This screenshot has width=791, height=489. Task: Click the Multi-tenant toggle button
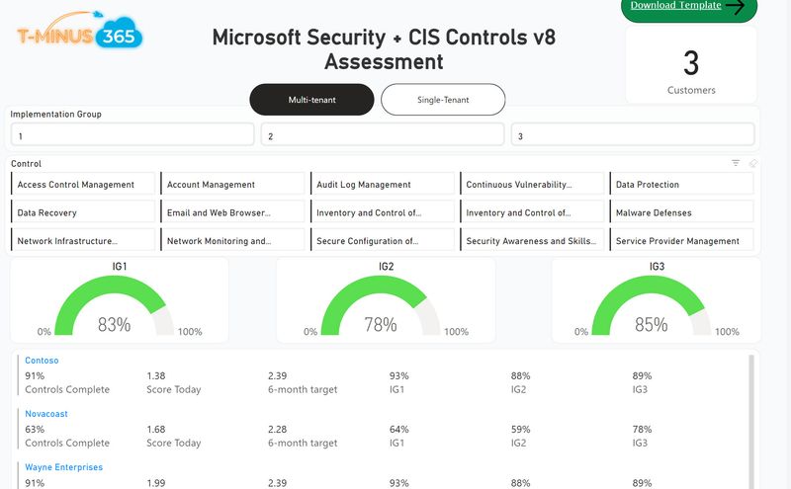click(x=311, y=100)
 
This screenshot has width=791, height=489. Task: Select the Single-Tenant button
click(x=443, y=100)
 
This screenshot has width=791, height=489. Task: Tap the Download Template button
click(x=688, y=7)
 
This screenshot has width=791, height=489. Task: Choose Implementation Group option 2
click(x=383, y=136)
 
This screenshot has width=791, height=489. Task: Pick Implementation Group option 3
click(x=633, y=136)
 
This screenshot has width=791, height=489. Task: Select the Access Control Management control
click(x=86, y=185)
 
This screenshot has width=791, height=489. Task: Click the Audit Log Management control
click(x=383, y=185)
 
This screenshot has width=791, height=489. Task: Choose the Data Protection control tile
click(x=681, y=185)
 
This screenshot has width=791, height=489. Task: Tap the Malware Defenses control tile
click(x=681, y=212)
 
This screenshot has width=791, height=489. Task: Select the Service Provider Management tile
click(x=681, y=241)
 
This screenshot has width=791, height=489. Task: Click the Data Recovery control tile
click(x=86, y=212)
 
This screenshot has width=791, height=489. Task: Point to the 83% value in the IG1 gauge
click(x=114, y=324)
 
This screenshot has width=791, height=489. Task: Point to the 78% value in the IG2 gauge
click(x=381, y=324)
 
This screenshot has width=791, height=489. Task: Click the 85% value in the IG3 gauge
click(x=651, y=324)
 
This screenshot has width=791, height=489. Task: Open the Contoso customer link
click(x=42, y=362)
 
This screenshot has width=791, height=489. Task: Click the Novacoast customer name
click(x=46, y=414)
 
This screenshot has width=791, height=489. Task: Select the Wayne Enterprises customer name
click(x=64, y=467)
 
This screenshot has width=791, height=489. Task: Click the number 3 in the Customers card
click(x=691, y=63)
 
